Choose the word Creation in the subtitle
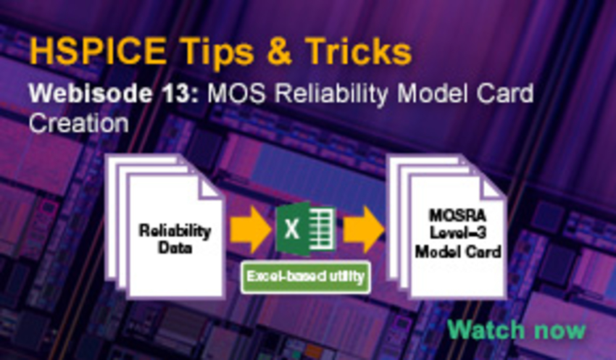[x=78, y=122]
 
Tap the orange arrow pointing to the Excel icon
[x=249, y=230]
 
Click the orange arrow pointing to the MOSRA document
[x=362, y=230]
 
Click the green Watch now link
[x=515, y=329]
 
